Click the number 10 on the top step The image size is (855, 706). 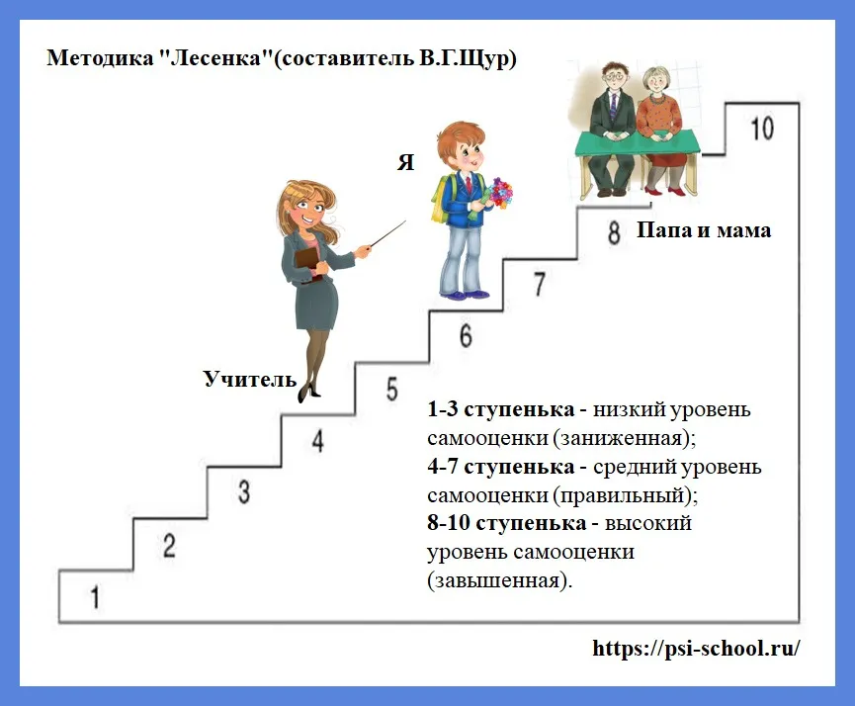(762, 129)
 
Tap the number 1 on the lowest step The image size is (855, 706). (95, 597)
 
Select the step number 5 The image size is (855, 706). (392, 390)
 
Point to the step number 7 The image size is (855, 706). (540, 284)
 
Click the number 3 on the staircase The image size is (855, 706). (244, 491)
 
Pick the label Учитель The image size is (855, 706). (250, 379)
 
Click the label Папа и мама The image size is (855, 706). (704, 230)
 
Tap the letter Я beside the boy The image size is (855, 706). (405, 162)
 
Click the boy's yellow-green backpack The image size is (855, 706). (440, 198)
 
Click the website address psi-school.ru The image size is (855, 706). (696, 648)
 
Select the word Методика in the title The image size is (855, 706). (101, 57)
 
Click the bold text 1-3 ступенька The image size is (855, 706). (500, 408)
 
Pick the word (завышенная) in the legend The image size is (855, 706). (499, 580)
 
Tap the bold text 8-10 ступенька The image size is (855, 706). (506, 523)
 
